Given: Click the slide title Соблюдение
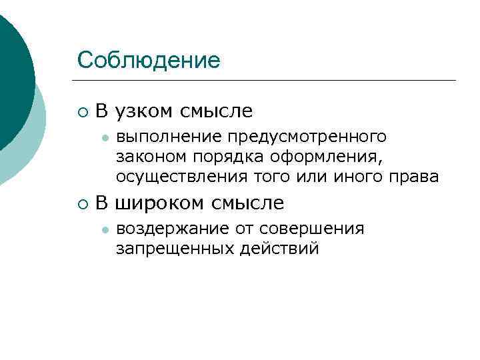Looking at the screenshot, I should tap(148, 60).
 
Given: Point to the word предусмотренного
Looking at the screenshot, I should tap(307, 137).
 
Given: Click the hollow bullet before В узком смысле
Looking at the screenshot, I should tap(82, 111).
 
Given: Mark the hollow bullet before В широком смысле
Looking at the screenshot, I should tap(82, 203).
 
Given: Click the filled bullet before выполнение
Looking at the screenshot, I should tap(103, 138).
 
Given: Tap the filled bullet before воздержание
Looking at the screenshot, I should tap(103, 230).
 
